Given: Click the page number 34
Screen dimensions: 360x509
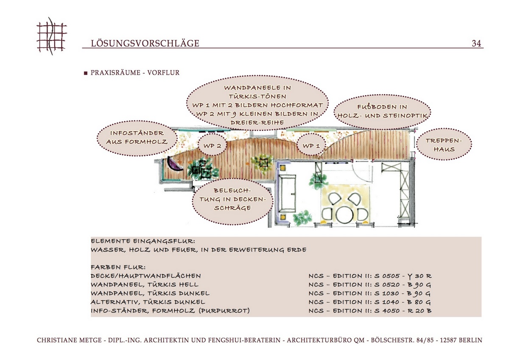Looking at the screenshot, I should [x=476, y=43].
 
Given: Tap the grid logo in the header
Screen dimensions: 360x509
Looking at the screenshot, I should [x=52, y=36].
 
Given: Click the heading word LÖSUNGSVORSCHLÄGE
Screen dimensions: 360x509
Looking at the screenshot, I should [x=145, y=43].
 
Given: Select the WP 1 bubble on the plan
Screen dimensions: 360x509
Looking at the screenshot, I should [x=311, y=146].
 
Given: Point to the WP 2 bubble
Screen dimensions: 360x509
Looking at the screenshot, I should [x=213, y=146].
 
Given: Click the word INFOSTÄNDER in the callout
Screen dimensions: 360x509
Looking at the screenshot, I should [x=137, y=133].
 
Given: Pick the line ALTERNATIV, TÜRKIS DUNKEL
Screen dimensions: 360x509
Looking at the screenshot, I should [x=148, y=302].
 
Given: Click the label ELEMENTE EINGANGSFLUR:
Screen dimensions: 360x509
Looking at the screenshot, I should [x=143, y=241].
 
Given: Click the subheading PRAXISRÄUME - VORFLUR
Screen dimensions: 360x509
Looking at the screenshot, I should [x=135, y=73].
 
